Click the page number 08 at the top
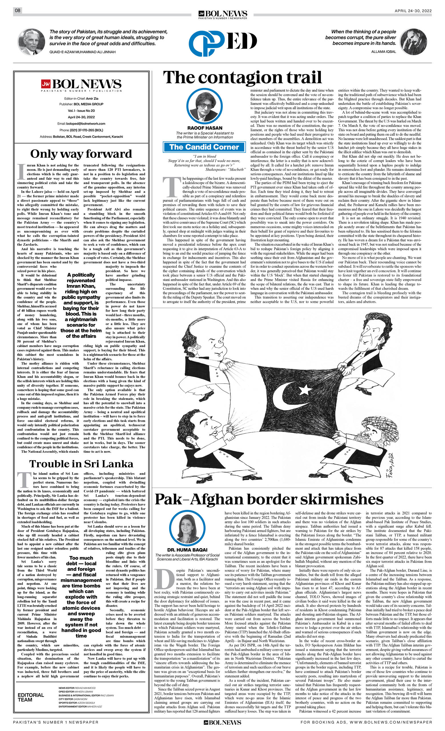pyautogui.click(x=17, y=10)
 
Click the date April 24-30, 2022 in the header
pyautogui.click(x=413, y=11)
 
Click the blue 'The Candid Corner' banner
pyautogui.click(x=204, y=147)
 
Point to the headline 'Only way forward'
pyautogui.click(x=81, y=154)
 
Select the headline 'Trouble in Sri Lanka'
pyautogui.click(x=81, y=464)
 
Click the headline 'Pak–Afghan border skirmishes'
pyautogui.click(x=269, y=500)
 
